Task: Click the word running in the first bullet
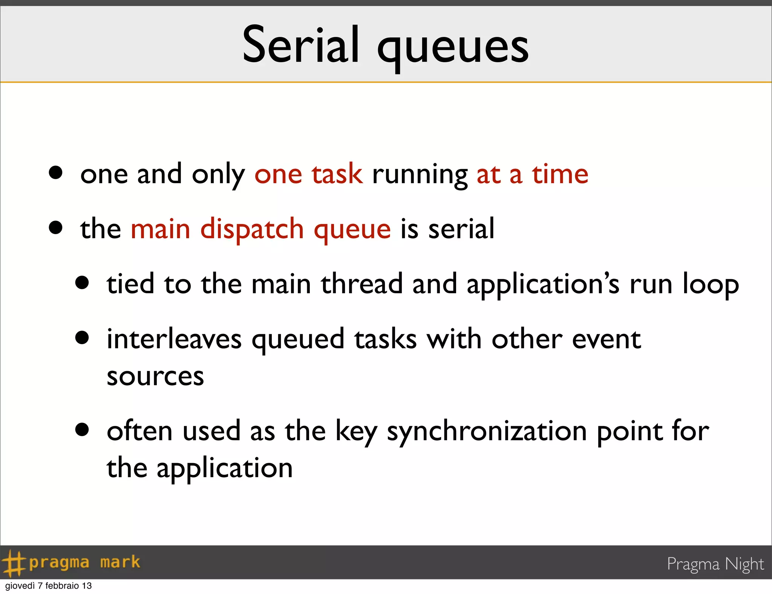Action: tap(420, 176)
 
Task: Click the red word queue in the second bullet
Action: tap(352, 231)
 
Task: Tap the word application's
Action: tap(543, 285)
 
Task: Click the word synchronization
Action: tap(487, 432)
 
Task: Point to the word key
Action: tap(356, 432)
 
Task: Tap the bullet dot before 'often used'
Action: tap(82, 429)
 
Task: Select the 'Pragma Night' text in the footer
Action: tap(715, 564)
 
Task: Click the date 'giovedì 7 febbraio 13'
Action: tap(48, 586)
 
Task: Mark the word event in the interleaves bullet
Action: tap(606, 339)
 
